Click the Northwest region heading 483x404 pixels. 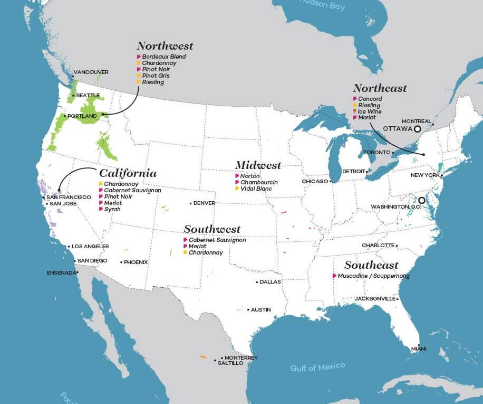(165, 46)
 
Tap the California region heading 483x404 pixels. (128, 173)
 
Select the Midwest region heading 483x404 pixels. (258, 165)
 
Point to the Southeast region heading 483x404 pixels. (371, 265)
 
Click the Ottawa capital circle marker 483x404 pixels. (417, 128)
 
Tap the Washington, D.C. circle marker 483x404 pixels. (421, 200)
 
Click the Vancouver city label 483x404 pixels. (91, 72)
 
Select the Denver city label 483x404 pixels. (204, 203)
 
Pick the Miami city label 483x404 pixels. (419, 349)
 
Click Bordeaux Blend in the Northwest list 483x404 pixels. (163, 57)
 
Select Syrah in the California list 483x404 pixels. (112, 209)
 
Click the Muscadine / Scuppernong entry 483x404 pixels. (373, 276)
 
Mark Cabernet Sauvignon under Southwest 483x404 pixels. (217, 240)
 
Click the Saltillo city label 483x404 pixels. (230, 363)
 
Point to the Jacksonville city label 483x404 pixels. (375, 298)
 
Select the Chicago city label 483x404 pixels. (314, 181)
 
